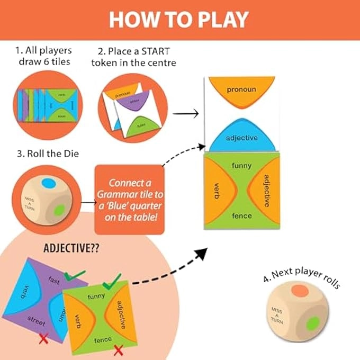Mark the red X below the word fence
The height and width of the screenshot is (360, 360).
119,349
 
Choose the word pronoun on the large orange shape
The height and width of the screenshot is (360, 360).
241,89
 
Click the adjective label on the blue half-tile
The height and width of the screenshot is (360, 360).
241,138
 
